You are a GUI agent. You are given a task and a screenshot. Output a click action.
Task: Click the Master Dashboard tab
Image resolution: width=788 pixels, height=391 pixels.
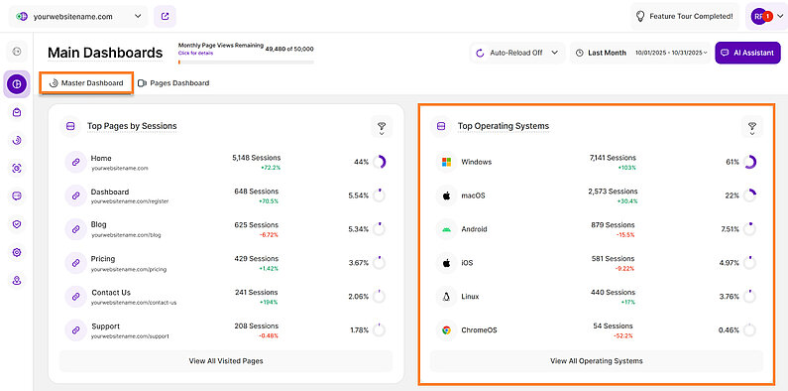coord(87,83)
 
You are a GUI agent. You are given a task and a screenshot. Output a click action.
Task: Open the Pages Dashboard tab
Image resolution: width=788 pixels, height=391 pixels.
coord(174,83)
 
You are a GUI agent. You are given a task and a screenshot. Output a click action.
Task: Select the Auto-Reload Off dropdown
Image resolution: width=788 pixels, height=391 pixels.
coord(515,53)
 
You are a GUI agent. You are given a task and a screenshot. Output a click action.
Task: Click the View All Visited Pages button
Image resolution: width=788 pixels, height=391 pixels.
coord(226,361)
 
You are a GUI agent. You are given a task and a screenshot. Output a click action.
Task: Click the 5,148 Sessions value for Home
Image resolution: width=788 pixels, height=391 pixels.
coord(257,157)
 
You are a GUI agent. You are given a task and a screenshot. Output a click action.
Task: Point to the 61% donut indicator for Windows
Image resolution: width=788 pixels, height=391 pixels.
coord(750,162)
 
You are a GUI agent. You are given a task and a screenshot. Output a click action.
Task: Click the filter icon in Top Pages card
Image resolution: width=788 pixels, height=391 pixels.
coord(380,127)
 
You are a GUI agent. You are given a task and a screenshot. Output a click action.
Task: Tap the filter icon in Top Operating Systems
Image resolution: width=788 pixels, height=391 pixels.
coord(751,127)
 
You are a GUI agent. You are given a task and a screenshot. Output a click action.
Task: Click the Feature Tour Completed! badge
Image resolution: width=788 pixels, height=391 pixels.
coord(685,17)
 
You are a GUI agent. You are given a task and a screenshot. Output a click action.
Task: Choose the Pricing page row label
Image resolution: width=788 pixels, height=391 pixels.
coord(104,258)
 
